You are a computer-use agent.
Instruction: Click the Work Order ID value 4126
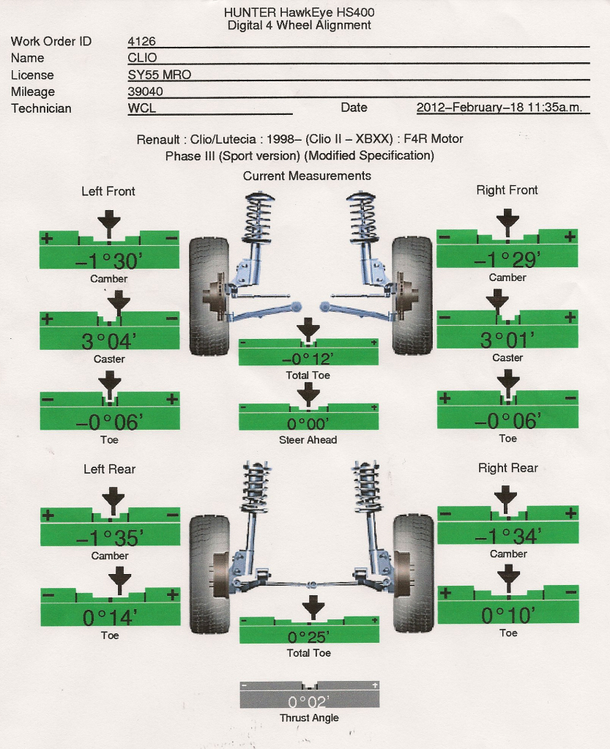pos(141,42)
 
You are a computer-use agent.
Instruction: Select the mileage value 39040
pos(145,92)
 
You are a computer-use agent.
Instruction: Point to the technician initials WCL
pos(141,108)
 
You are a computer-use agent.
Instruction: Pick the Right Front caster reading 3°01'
pos(507,340)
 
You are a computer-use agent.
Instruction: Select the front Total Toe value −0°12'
pos(308,359)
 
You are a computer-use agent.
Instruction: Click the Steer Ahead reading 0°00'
pos(308,423)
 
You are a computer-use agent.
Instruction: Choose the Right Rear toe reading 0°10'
pos(507,615)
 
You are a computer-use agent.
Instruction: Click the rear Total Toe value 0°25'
pos(308,636)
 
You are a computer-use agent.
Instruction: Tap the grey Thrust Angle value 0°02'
pos(309,701)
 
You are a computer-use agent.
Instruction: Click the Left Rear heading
pos(109,469)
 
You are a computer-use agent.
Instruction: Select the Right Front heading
pos(507,190)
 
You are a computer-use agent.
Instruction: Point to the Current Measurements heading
pos(307,176)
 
